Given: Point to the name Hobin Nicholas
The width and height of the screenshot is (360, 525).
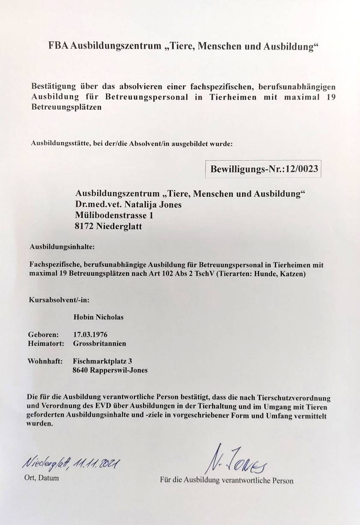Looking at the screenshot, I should tap(98, 317).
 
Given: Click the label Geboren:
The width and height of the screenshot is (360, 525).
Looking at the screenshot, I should tap(42, 334).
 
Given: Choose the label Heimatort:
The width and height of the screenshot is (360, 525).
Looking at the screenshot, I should tap(46, 343).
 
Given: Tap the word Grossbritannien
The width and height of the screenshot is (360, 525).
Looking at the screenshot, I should tap(100, 343).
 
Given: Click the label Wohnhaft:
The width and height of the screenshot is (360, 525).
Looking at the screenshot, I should tap(45, 361).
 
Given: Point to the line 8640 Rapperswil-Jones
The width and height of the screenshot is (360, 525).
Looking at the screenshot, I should tap(110, 370).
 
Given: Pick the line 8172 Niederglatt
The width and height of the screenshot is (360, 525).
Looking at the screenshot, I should tap(108, 227).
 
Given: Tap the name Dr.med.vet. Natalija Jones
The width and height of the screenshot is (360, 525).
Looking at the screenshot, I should tap(128, 205).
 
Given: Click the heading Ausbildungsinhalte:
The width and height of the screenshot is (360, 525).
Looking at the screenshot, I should tap(62, 247).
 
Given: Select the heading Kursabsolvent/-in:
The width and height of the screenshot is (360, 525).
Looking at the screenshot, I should tap(60, 299).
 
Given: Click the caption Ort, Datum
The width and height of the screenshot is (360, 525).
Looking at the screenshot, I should tap(42, 478).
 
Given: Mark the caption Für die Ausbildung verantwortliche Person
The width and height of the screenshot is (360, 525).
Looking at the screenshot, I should tap(226, 480).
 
